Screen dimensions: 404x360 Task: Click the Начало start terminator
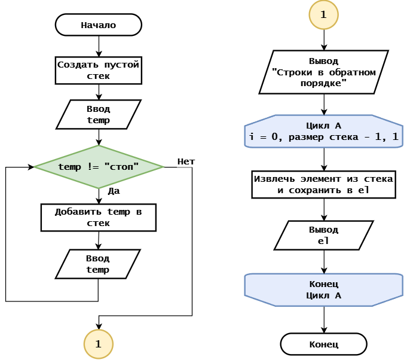[x=99, y=25]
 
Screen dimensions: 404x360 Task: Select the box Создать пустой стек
[x=99, y=71]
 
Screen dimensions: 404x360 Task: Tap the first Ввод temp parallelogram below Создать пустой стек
[x=99, y=114]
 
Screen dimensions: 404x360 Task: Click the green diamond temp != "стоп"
[x=99, y=167]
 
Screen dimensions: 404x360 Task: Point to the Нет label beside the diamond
[x=186, y=161]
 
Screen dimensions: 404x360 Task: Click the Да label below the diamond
[x=114, y=191]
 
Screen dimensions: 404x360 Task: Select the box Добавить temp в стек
[x=99, y=218]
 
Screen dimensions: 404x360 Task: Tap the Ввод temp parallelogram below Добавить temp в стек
[x=98, y=264]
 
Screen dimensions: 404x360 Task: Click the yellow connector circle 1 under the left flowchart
[x=99, y=344]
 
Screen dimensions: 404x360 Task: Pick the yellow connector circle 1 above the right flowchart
[x=323, y=14]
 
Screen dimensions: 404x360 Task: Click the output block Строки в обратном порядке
[x=323, y=72]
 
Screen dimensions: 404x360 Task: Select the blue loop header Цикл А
[x=323, y=131]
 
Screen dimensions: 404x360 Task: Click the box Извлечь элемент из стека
[x=323, y=184]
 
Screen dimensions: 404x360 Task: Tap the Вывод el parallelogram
[x=323, y=235]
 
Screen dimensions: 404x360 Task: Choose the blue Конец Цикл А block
[x=323, y=290]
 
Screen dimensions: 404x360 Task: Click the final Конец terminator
[x=323, y=344]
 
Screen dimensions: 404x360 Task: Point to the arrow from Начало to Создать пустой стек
[x=99, y=46]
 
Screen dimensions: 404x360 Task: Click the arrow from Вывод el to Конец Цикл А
[x=324, y=262]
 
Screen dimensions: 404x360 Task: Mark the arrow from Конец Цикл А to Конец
[x=324, y=319]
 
